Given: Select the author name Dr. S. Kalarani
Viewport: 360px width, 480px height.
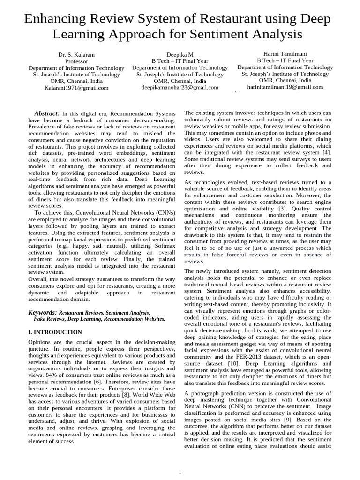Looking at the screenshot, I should [x=76, y=55].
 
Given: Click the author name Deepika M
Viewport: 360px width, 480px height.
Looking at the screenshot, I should [x=180, y=55].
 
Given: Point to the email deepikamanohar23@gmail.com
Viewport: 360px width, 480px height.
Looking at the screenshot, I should [x=180, y=87].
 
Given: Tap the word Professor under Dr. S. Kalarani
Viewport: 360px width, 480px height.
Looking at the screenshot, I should [x=76, y=61].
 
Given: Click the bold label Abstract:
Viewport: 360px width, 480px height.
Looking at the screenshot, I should [x=47, y=114].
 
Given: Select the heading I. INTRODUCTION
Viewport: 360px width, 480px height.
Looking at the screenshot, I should [x=55, y=332].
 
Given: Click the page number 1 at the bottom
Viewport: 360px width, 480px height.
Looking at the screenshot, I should [x=180, y=472].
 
